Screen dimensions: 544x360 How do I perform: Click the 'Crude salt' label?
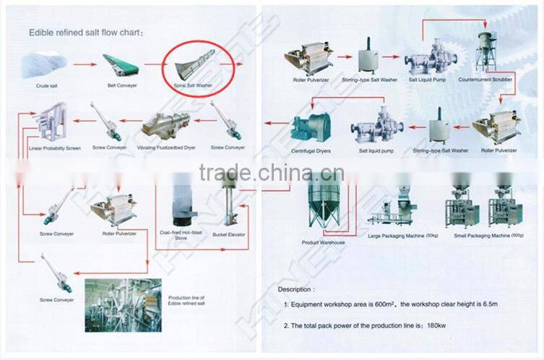(x=48, y=85)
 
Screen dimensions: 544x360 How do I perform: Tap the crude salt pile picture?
(x=48, y=64)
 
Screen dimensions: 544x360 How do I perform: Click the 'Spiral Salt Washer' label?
(x=194, y=85)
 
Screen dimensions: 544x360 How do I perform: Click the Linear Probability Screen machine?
(x=50, y=122)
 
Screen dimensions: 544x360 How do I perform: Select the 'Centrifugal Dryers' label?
(x=311, y=150)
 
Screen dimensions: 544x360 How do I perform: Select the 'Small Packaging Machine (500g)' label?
(x=490, y=236)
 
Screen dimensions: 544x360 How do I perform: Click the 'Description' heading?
(x=296, y=288)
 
